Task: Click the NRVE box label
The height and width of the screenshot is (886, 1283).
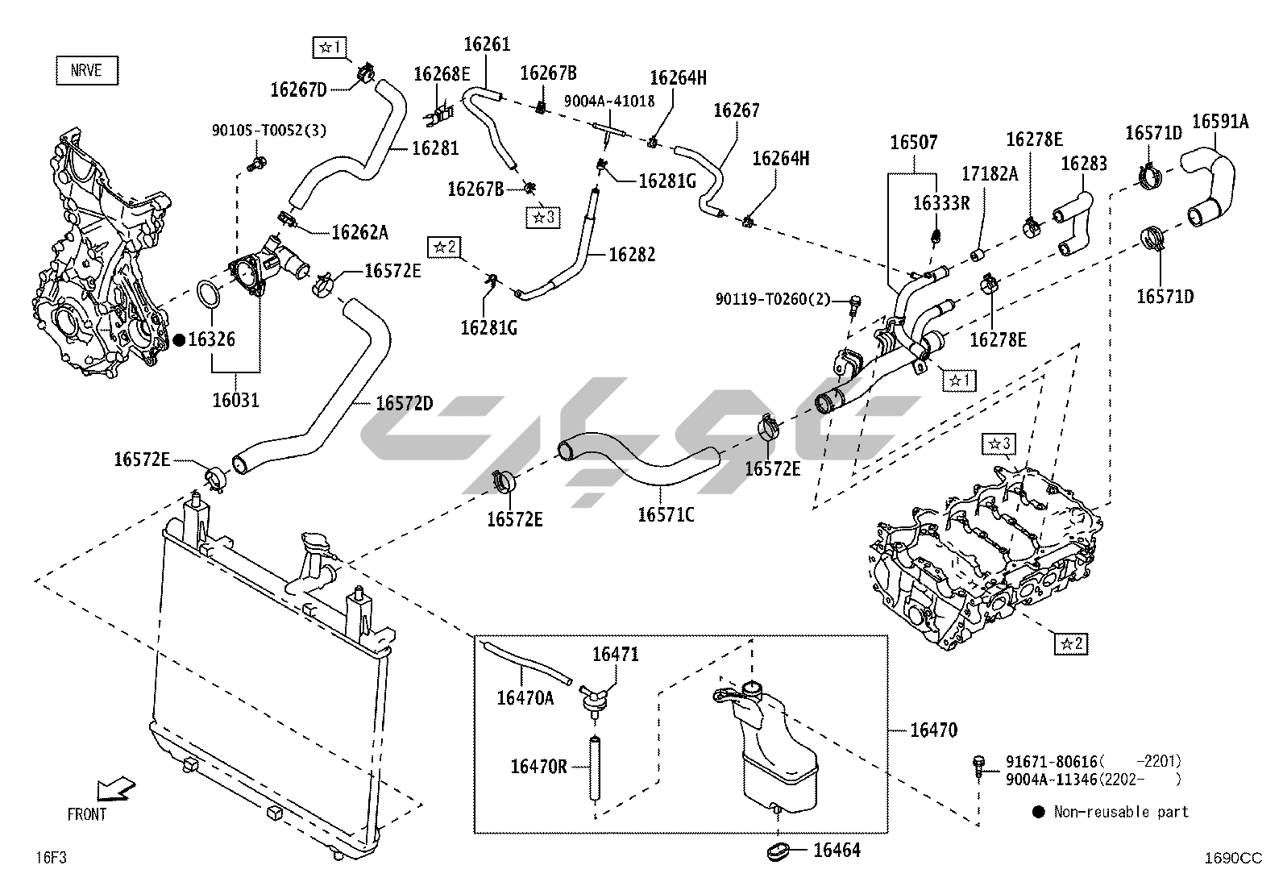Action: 86,70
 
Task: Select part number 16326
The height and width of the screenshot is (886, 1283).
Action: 211,340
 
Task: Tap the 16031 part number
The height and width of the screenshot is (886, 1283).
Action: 235,399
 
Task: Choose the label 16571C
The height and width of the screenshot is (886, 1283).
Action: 666,514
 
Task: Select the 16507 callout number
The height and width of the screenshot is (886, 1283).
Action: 913,143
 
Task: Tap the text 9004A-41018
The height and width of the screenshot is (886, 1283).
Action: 608,101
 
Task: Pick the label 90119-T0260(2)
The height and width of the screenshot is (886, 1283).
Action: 772,300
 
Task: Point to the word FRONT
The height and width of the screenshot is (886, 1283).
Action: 86,814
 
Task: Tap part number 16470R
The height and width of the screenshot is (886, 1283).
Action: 538,766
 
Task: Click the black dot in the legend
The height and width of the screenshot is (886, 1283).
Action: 1038,812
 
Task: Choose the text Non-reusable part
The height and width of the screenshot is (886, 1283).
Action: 1120,812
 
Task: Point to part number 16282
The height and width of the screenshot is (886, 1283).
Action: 632,255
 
